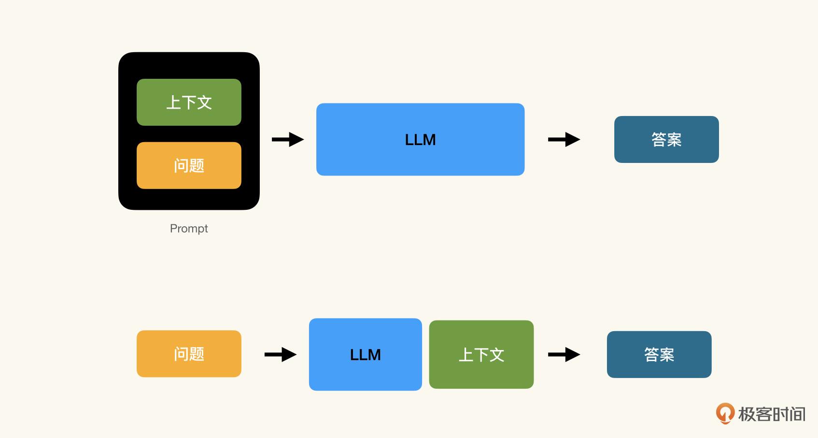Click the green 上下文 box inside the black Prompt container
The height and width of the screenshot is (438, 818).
coord(189,102)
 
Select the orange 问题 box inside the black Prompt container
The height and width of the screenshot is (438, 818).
coord(189,165)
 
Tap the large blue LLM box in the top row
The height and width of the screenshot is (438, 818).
coord(420,139)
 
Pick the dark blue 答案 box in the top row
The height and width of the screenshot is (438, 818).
coord(666,139)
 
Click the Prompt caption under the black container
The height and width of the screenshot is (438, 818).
coord(189,229)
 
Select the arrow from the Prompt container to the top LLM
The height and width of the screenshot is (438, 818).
coord(288,139)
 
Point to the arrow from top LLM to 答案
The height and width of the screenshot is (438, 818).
coord(564,139)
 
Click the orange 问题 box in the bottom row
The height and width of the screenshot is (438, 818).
coord(189,353)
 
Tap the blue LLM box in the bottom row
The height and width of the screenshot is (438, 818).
coord(365,354)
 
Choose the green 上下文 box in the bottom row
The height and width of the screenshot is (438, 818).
coord(481,354)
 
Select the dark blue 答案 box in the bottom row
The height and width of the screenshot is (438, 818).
coord(659,354)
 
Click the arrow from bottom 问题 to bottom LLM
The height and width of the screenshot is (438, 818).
coord(281,354)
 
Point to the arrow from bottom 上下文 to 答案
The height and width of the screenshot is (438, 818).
coord(564,354)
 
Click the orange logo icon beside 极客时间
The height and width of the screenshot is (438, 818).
coord(725,413)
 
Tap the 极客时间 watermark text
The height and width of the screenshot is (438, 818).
coord(772,414)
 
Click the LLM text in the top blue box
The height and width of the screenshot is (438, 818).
coord(420,140)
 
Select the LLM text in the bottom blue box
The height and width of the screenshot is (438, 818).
coord(365,355)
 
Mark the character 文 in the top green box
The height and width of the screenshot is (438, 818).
coord(204,102)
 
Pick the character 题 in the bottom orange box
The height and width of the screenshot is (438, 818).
coord(197,354)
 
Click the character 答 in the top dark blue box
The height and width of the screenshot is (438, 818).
coord(659,140)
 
